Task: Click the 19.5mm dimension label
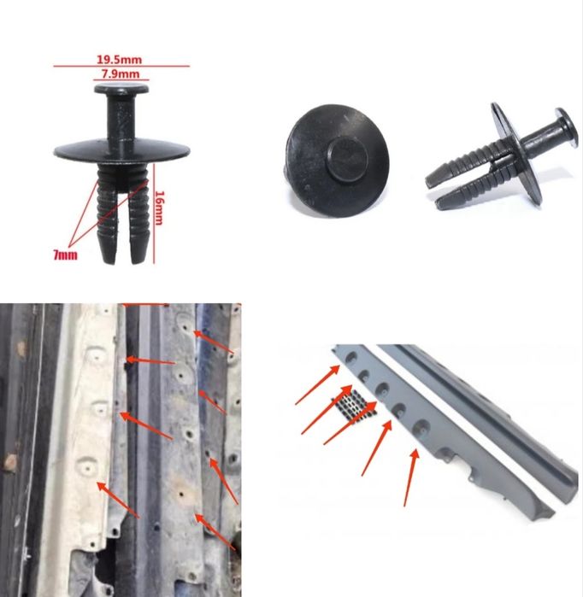coord(120,60)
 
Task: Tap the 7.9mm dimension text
coord(121,73)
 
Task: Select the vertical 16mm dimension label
coord(160,208)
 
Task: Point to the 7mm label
coord(65,255)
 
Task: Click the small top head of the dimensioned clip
coord(121,90)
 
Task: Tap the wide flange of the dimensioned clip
coord(121,150)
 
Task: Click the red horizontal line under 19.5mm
coord(121,67)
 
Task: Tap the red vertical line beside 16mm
coord(154,214)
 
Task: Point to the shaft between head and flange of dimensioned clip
coord(121,118)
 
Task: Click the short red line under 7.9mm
coord(121,80)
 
